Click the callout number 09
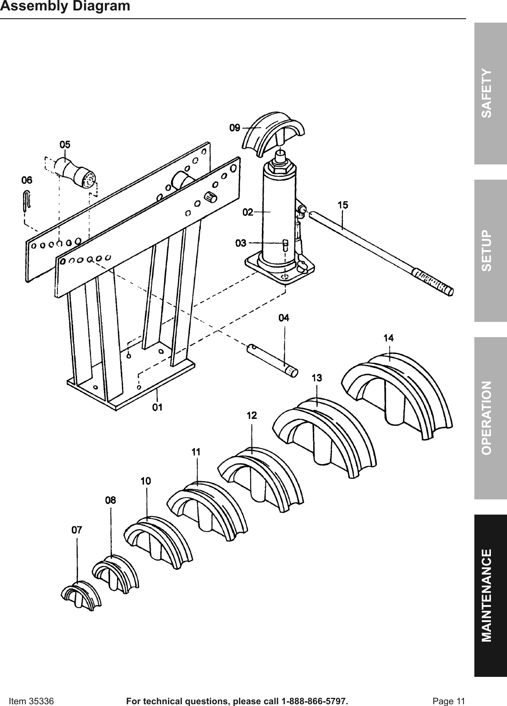235,127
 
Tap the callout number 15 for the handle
342,205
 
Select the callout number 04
284,318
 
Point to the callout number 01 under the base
157,408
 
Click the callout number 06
27,180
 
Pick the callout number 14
389,338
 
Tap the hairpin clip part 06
27,201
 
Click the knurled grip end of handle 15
433,282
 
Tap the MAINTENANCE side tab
490,595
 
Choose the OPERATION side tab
490,417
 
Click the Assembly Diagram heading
65,7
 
